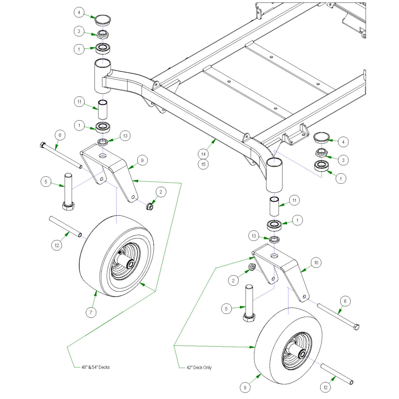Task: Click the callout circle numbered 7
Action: click(91, 312)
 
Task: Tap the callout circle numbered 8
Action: click(245, 388)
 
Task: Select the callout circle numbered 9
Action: click(142, 160)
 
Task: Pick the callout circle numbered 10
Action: click(316, 262)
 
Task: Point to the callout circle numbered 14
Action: click(203, 154)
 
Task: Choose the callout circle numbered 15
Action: click(203, 164)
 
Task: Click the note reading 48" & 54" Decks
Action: click(95, 367)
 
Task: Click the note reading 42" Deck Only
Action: click(199, 368)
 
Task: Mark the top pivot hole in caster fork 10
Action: click(274, 256)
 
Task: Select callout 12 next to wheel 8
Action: click(325, 387)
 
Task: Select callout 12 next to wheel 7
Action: click(57, 245)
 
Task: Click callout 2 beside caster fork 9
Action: click(161, 192)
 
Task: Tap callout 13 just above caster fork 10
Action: click(254, 236)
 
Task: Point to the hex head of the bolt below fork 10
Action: click(249, 317)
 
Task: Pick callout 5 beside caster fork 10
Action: click(226, 309)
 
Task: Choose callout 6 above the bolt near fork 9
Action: click(60, 135)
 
